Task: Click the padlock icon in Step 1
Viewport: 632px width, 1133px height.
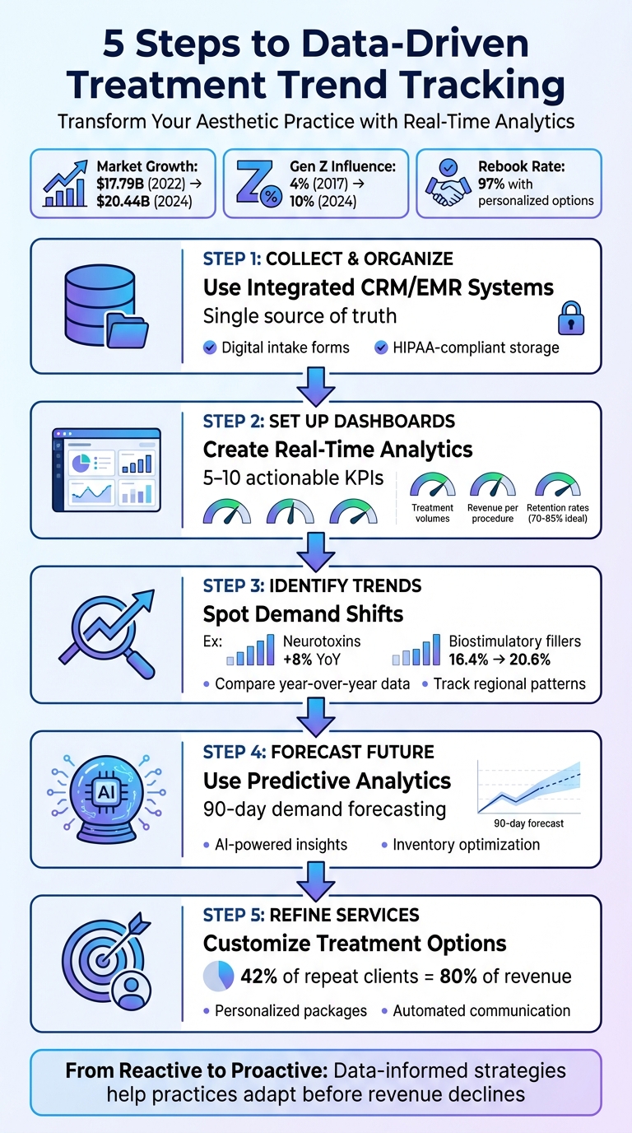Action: coord(572,316)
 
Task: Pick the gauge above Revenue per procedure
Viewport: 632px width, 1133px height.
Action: coord(493,483)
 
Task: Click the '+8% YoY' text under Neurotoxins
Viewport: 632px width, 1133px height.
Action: coord(310,659)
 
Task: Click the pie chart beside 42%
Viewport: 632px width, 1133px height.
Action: coord(218,977)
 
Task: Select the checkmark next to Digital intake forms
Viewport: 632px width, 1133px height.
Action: coord(209,347)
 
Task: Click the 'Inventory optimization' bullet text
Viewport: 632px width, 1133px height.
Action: coord(466,844)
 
